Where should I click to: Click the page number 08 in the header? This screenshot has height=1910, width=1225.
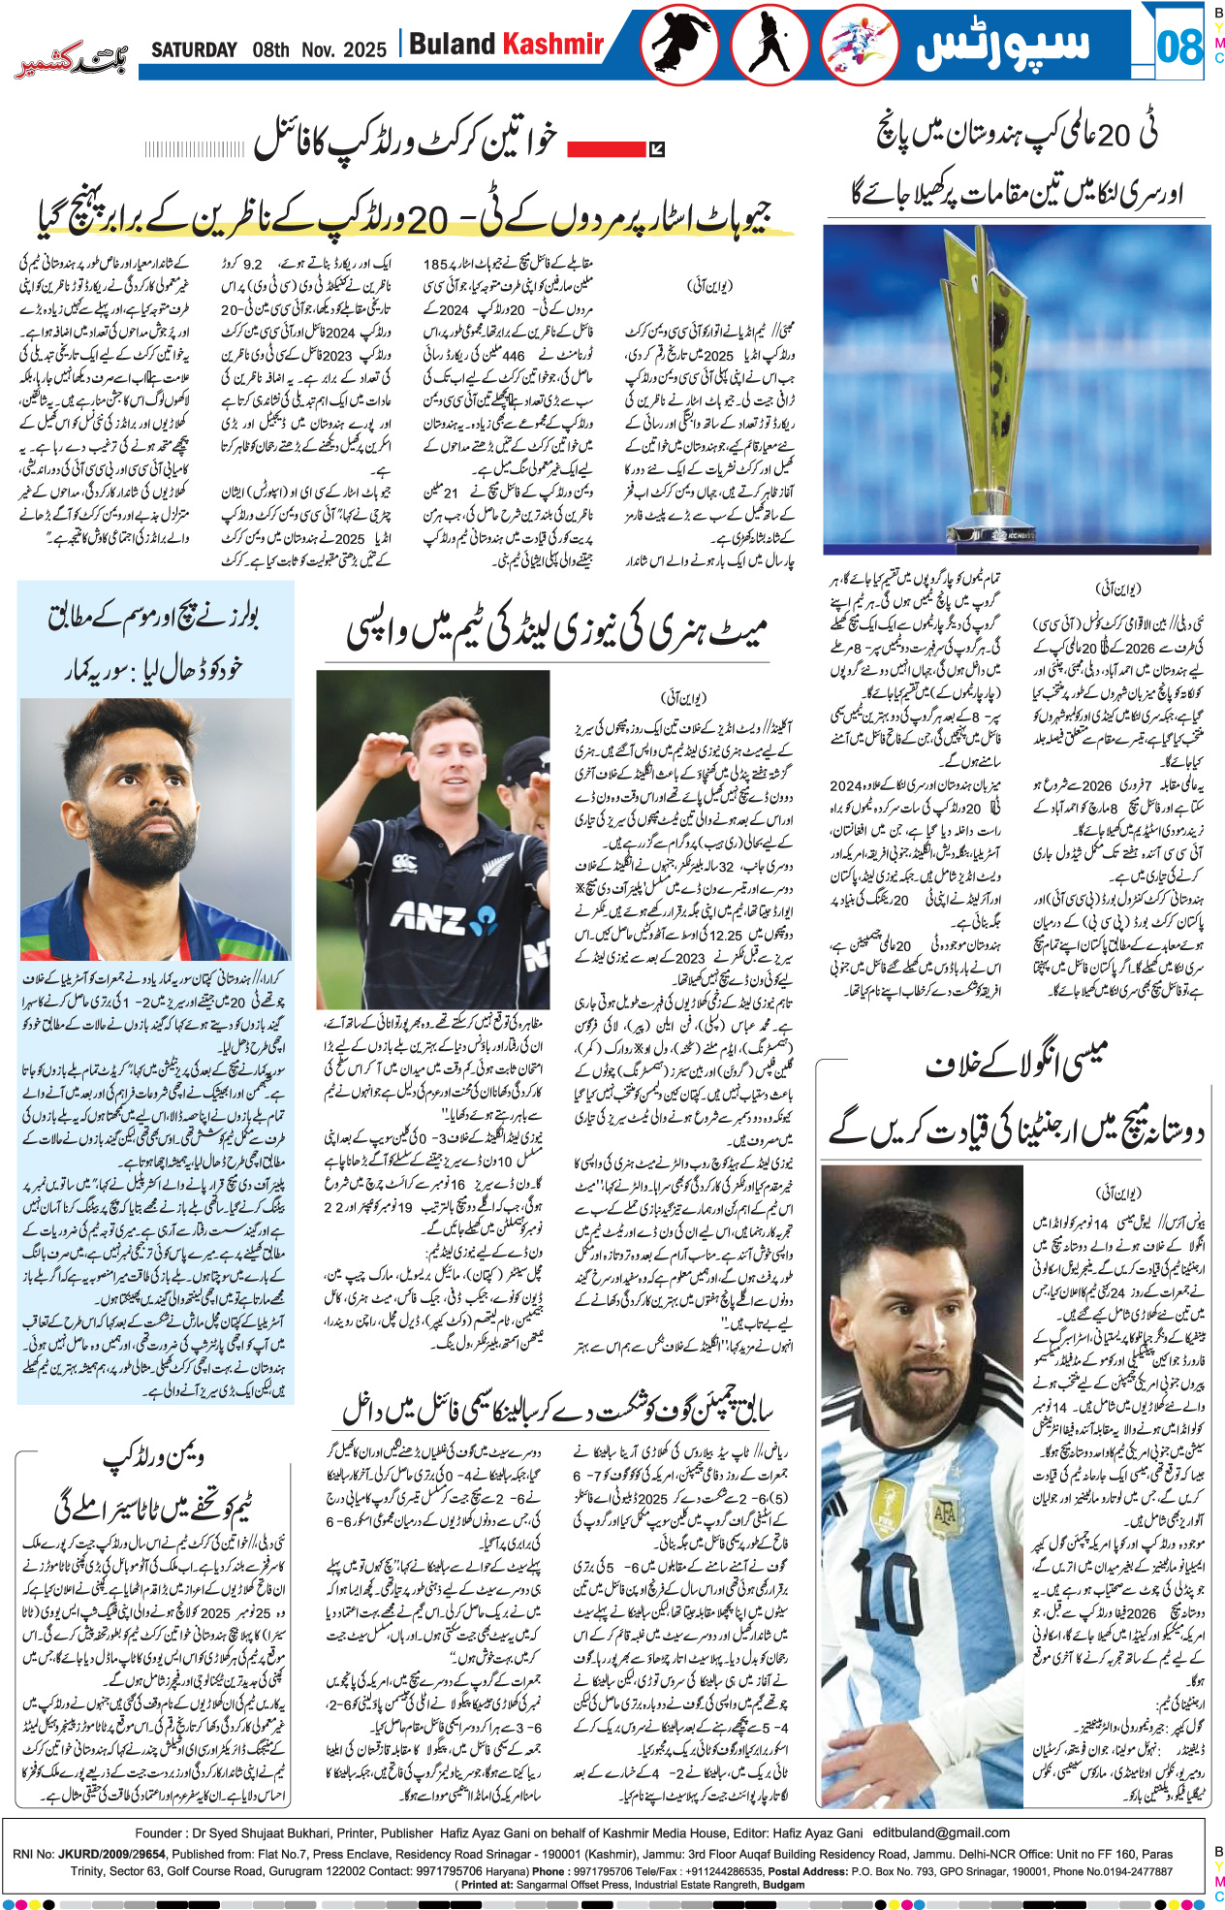pyautogui.click(x=1178, y=47)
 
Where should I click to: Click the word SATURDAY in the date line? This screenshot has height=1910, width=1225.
pyautogui.click(x=194, y=49)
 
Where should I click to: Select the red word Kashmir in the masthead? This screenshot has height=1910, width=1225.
pyautogui.click(x=553, y=44)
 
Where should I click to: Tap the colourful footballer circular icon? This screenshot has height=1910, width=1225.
pyautogui.click(x=859, y=47)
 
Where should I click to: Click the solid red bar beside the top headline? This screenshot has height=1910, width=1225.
pyautogui.click(x=606, y=148)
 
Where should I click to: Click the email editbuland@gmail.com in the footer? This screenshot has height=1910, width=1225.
pyautogui.click(x=941, y=1832)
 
